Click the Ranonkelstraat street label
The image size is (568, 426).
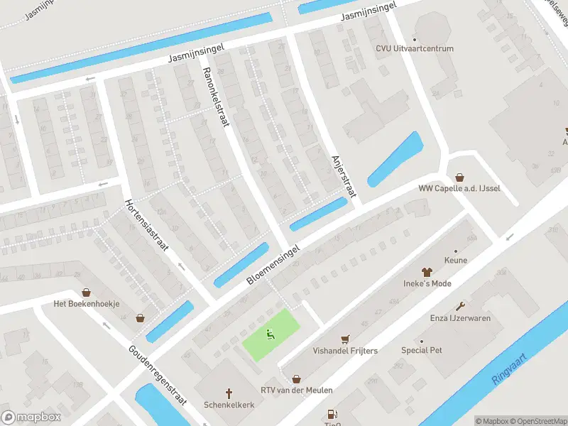click(217, 97)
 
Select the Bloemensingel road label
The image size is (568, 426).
click(274, 266)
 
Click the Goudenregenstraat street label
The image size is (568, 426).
click(158, 375)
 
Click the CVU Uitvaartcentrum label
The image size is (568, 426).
click(415, 48)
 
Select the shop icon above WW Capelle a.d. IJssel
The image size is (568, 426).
click(459, 177)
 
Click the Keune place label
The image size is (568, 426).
click(455, 260)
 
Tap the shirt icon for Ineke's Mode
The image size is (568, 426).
click(427, 272)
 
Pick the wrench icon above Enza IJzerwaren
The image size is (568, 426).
click(460, 306)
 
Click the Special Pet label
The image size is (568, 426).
click(422, 350)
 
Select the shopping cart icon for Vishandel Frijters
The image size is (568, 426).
click(346, 339)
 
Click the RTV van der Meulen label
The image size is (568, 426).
click(296, 390)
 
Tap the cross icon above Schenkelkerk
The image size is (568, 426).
click(229, 392)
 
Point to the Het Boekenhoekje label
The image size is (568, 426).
click(87, 303)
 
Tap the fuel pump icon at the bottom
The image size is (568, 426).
click(331, 414)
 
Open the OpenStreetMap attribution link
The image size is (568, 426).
click(538, 421)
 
